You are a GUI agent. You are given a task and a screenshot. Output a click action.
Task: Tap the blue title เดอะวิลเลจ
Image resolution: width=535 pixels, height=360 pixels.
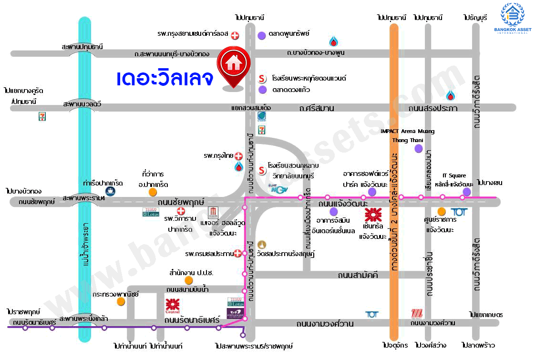(x=165, y=79)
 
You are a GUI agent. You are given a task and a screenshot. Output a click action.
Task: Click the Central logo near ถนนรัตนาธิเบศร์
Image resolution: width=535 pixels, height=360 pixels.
(x=172, y=305)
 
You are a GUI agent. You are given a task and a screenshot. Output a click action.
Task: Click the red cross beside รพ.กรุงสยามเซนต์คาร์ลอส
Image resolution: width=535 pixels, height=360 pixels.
(x=235, y=35)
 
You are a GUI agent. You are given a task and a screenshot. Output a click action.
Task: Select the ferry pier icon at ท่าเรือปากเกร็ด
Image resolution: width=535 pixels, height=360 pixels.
(x=111, y=191)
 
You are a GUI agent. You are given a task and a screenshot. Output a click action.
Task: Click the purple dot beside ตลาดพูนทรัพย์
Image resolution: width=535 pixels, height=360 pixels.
(x=262, y=35)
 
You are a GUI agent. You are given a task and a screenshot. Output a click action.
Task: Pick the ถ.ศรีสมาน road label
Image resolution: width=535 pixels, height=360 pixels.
(x=317, y=108)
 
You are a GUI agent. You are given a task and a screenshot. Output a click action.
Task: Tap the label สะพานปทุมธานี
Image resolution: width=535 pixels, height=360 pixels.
(x=82, y=47)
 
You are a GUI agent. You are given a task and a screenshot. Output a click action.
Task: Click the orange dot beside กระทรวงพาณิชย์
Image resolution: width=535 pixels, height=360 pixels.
(x=121, y=301)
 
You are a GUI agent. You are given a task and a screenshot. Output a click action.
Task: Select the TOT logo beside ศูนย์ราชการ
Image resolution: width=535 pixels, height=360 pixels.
(x=458, y=212)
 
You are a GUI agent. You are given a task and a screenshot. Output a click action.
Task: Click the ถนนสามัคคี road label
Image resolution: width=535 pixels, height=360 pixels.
(x=358, y=275)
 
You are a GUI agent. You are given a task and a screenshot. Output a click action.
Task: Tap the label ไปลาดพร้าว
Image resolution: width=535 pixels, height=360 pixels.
(x=478, y=345)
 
